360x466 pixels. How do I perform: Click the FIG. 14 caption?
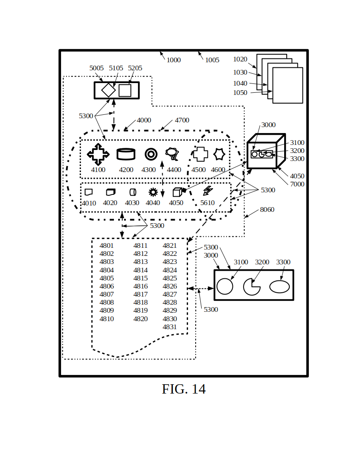184,389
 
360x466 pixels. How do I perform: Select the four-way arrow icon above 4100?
98,154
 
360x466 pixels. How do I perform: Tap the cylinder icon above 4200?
126,154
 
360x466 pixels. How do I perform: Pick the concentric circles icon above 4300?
151,154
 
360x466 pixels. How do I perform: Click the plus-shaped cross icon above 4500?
200,154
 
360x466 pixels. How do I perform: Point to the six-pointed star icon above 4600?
219,154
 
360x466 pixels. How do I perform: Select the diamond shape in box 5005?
108,90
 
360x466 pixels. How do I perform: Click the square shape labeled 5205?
125,90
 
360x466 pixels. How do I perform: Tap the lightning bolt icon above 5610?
208,191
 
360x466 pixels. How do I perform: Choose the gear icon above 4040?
153,192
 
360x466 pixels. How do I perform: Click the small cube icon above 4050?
177,192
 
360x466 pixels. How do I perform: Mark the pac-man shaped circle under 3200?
252,287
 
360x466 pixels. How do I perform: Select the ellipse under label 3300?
280,287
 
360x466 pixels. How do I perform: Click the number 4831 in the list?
170,327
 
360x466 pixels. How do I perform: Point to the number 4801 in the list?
107,246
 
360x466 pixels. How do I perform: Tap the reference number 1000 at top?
174,60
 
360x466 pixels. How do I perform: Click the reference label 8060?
267,210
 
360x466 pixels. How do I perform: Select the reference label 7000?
297,184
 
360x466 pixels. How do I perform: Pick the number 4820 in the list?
141,319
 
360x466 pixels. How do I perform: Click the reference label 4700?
182,120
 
